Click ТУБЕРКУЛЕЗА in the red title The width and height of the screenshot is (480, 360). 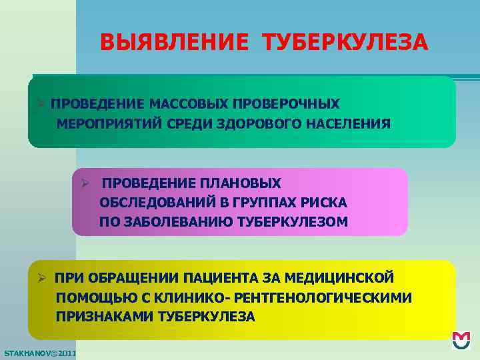pyautogui.click(x=346, y=43)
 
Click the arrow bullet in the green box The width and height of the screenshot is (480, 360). pyautogui.click(x=41, y=105)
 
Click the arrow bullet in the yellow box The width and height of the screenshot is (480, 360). pyautogui.click(x=41, y=277)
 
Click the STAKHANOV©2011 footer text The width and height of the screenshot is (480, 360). pyautogui.click(x=39, y=352)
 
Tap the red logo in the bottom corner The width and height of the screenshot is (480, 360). pyautogui.click(x=461, y=341)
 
